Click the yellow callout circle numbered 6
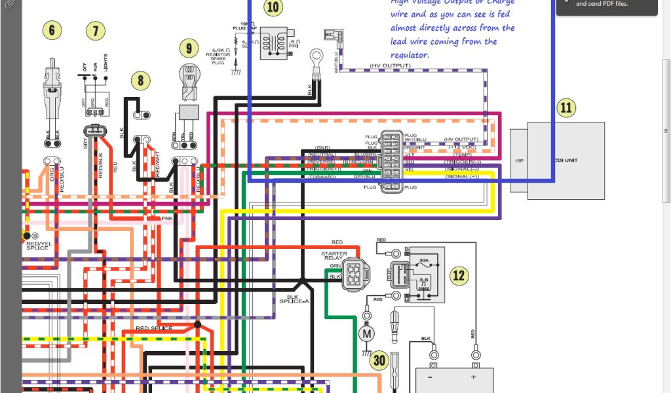click(52, 30)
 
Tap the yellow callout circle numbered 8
click(140, 81)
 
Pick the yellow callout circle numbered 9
click(189, 48)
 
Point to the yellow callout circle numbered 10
click(273, 8)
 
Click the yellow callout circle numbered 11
click(566, 108)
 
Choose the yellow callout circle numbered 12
click(459, 275)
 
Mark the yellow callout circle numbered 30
click(379, 360)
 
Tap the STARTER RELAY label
click(334, 256)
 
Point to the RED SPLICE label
click(154, 328)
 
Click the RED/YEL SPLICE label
click(37, 245)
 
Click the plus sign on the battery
click(472, 378)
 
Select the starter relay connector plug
click(355, 275)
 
